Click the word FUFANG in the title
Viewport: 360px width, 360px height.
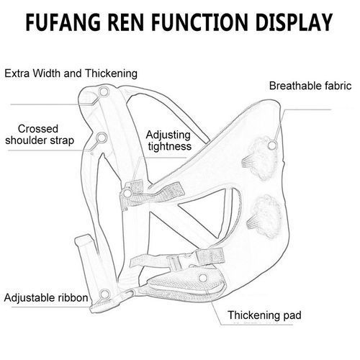pyautogui.click(x=63, y=22)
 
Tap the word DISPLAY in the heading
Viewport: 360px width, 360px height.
pyautogui.click(x=294, y=22)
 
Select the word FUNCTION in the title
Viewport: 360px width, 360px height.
pyautogui.click(x=199, y=22)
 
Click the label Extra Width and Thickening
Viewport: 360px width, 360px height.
pyautogui.click(x=71, y=73)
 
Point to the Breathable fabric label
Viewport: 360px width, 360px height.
pyautogui.click(x=310, y=86)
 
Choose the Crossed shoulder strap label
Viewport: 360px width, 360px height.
pyautogui.click(x=40, y=135)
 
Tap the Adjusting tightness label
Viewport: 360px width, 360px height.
pyautogui.click(x=169, y=140)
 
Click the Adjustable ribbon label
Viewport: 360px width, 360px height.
pyautogui.click(x=46, y=298)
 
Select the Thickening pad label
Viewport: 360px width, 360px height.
pyautogui.click(x=264, y=315)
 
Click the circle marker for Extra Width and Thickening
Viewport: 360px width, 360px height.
pyautogui.click(x=104, y=91)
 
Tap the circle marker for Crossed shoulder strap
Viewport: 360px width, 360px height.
pyautogui.click(x=102, y=138)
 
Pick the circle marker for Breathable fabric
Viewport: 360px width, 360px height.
pyautogui.click(x=272, y=145)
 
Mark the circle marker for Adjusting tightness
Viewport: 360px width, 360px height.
pyautogui.click(x=127, y=193)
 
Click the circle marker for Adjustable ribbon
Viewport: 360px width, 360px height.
pyautogui.click(x=104, y=294)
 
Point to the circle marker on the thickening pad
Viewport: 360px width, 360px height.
pyautogui.click(x=203, y=278)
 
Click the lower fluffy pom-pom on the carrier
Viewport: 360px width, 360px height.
pyautogui.click(x=265, y=216)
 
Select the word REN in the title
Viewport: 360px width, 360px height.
pyautogui.click(x=126, y=22)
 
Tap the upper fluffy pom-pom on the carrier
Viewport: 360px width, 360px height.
pyautogui.click(x=261, y=158)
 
